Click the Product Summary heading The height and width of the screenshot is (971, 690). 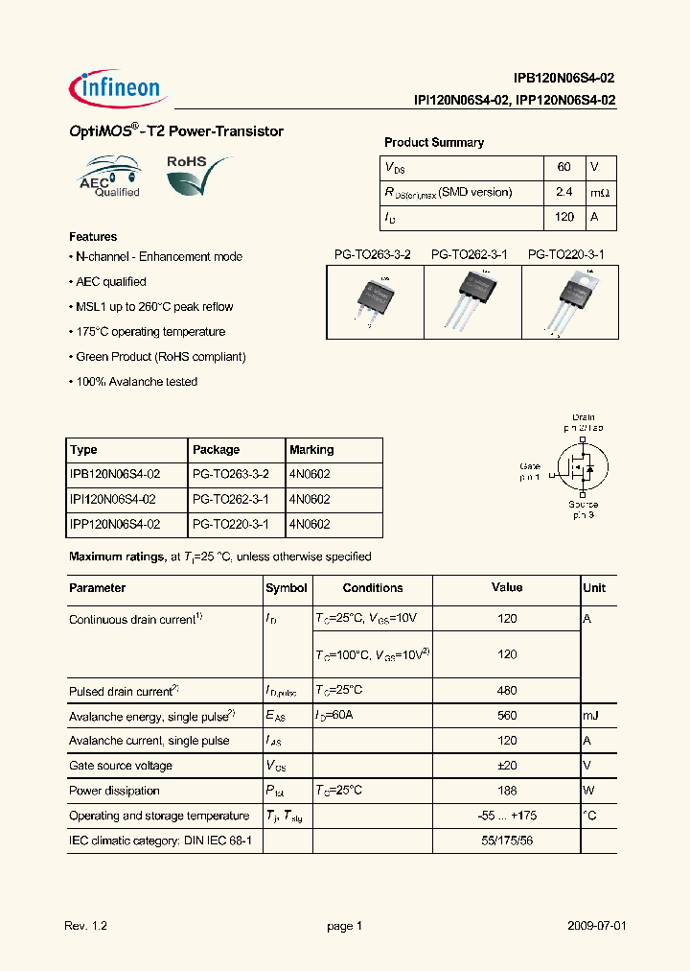[x=433, y=142]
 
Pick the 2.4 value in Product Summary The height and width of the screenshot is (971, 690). [x=563, y=192]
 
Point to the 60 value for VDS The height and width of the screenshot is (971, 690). [x=563, y=167]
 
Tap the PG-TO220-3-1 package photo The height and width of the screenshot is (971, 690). [x=569, y=298]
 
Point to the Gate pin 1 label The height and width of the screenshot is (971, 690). [x=530, y=469]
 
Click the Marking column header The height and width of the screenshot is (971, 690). [x=311, y=450]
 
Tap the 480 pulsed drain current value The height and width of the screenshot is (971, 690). [x=507, y=691]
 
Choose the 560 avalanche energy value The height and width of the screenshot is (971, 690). [x=507, y=716]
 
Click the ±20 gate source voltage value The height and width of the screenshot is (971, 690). [x=507, y=766]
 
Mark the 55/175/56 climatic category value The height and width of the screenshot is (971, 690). [x=507, y=841]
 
